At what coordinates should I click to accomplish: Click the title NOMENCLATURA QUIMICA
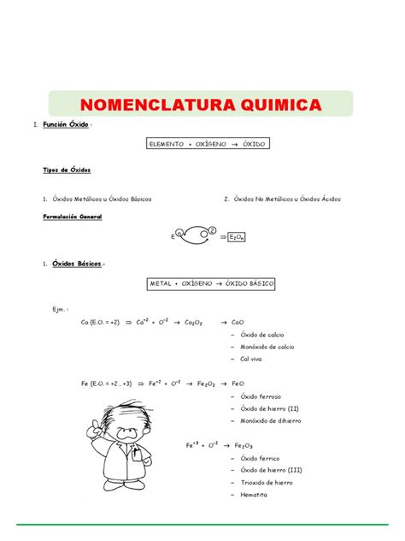click(x=202, y=104)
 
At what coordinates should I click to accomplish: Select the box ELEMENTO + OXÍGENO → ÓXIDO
click(x=204, y=145)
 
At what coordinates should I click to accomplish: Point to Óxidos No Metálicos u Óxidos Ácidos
click(x=285, y=199)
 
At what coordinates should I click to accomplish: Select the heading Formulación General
click(x=72, y=217)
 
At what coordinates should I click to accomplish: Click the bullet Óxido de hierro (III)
click(x=272, y=470)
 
